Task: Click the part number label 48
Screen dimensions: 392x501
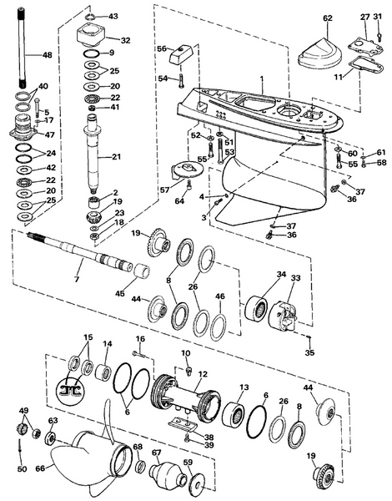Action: (x=47, y=55)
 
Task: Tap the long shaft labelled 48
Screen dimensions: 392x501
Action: (x=22, y=48)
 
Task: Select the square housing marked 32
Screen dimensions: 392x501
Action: (x=91, y=34)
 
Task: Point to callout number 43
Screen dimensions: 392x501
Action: (x=113, y=16)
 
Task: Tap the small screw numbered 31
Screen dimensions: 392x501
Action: (x=379, y=37)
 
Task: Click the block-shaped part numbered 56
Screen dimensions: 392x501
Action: (x=181, y=56)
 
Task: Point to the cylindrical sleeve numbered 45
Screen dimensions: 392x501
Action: (x=143, y=272)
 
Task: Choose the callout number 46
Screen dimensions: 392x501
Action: (x=220, y=296)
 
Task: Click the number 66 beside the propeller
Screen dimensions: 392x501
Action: (x=40, y=468)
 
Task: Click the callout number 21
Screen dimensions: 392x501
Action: (x=117, y=156)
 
